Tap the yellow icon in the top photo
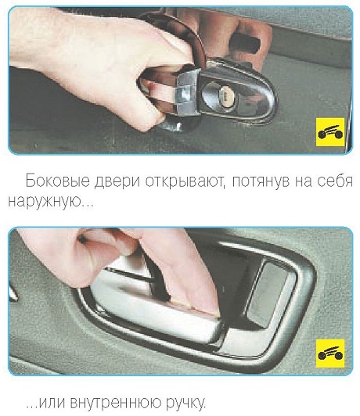(330, 132)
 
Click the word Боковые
(58, 181)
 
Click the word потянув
(260, 182)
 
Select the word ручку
(185, 403)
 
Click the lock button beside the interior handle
(268, 294)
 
